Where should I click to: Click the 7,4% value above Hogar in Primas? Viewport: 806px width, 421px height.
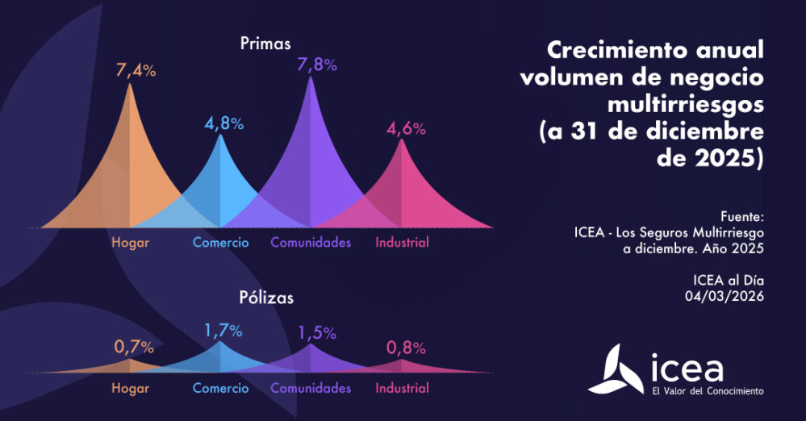pos(136,70)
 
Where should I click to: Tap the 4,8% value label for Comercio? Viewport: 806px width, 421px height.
pos(223,124)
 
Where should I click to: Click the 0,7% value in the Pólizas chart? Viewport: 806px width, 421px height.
pos(134,348)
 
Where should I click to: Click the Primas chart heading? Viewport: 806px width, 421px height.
pos(265,44)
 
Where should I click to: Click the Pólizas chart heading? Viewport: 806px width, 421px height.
pos(265,298)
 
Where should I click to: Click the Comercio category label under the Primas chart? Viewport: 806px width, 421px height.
pos(220,242)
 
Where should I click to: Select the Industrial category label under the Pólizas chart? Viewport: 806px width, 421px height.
pos(402,388)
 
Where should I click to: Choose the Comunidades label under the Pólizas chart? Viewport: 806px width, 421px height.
pos(311,388)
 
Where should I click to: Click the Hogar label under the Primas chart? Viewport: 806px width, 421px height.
pos(130,242)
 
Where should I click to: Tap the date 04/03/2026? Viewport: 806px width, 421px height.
pos(725,296)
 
